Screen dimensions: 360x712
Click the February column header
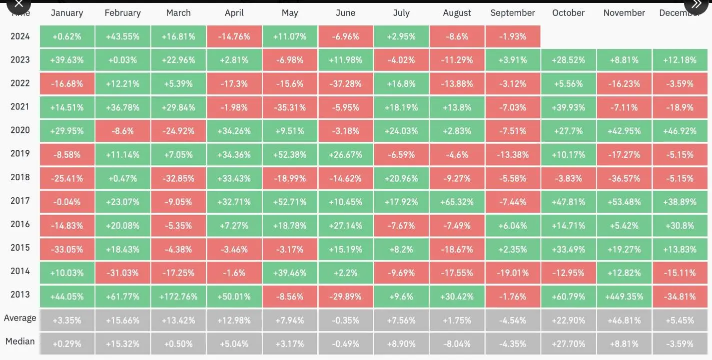pos(122,13)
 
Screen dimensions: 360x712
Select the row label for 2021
pos(20,106)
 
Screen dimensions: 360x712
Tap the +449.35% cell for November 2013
pos(624,297)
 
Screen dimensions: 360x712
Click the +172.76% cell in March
pos(178,297)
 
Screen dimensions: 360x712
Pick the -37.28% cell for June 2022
pos(345,84)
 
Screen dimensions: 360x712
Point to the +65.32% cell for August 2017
pos(457,202)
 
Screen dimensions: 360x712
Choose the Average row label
pos(20,318)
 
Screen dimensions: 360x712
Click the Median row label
pos(20,342)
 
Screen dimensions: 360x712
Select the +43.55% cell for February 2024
pos(122,36)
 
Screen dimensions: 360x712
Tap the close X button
pos(18,4)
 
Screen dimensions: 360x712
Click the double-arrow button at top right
pos(696,4)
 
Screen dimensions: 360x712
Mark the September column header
pos(513,13)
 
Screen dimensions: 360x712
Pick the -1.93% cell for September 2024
pos(513,36)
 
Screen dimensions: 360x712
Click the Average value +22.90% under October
pos(569,321)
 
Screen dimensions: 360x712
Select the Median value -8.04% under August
pos(457,344)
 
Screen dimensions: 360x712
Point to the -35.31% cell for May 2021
pos(290,107)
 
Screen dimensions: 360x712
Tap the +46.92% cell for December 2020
pos(680,131)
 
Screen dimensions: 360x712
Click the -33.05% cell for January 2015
pos(67,249)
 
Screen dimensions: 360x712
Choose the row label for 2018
pos(20,177)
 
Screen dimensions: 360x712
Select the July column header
pos(401,13)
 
